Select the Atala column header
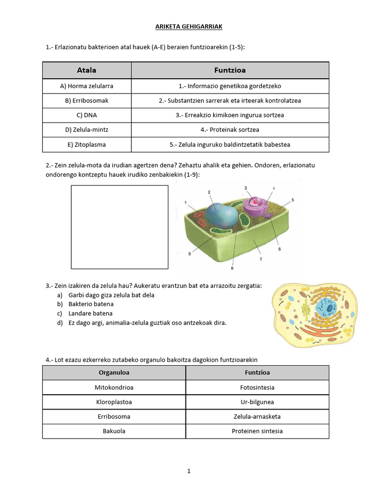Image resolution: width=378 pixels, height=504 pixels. click(87, 70)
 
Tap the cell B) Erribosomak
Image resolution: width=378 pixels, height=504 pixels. click(87, 100)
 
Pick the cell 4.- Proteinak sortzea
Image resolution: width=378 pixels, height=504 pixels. click(230, 130)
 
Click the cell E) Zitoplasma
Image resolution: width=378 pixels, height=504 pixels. click(87, 145)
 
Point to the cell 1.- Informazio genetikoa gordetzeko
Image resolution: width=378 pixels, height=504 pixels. click(230, 86)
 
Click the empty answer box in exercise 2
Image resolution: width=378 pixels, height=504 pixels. click(120, 227)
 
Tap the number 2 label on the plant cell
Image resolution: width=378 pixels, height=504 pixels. click(209, 192)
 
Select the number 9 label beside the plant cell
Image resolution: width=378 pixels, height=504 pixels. click(189, 253)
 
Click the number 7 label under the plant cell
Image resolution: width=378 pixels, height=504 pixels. click(260, 259)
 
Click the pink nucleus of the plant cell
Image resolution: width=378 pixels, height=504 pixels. click(255, 202)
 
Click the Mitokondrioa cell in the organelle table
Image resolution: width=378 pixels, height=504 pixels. click(114, 387)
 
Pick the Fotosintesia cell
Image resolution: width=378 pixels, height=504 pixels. click(257, 387)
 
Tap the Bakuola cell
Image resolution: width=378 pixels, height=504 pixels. click(114, 431)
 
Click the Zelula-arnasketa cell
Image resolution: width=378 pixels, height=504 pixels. click(257, 416)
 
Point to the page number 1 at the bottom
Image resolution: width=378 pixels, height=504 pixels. click(189, 471)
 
